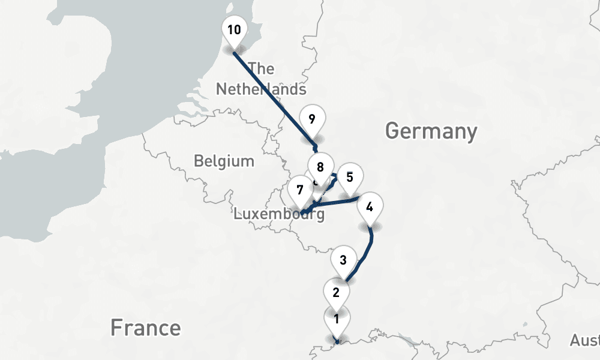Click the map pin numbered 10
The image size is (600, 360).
[x=234, y=29]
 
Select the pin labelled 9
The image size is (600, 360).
[x=311, y=118]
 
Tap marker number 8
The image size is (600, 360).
[x=320, y=167]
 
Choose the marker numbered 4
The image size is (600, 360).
[x=370, y=208]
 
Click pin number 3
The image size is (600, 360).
[x=343, y=260]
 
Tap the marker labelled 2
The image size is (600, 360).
[x=336, y=293]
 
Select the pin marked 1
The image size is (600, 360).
[x=337, y=319]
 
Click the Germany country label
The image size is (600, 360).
[x=431, y=131]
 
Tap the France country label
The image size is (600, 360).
[x=145, y=328]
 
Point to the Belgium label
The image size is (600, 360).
[x=224, y=161]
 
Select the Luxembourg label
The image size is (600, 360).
[x=279, y=214]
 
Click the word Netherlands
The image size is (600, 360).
[x=261, y=89]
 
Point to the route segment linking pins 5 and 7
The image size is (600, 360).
[x=333, y=202]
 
